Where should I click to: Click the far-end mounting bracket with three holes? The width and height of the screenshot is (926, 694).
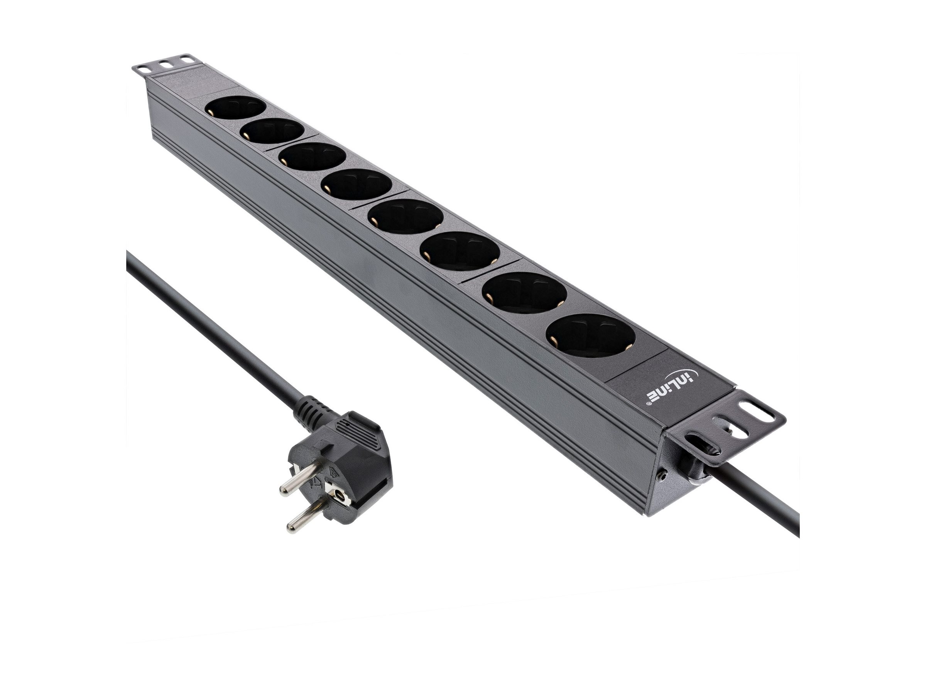tap(166, 69)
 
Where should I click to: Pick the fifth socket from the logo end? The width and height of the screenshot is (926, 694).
tap(356, 187)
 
